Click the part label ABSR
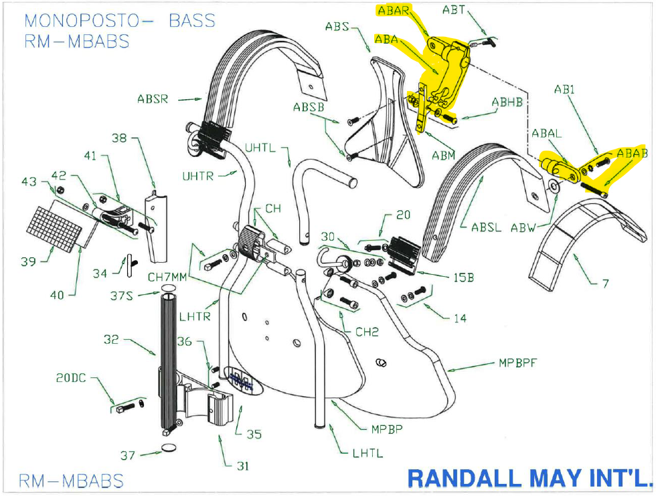click(x=153, y=99)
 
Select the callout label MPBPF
click(x=519, y=363)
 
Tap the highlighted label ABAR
click(x=394, y=11)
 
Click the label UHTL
click(x=260, y=148)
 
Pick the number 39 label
click(x=28, y=261)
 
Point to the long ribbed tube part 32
click(x=167, y=362)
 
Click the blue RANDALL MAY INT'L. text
click(x=529, y=477)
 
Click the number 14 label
click(x=460, y=318)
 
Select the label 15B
click(x=462, y=277)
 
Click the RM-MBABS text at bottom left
click(x=71, y=481)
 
